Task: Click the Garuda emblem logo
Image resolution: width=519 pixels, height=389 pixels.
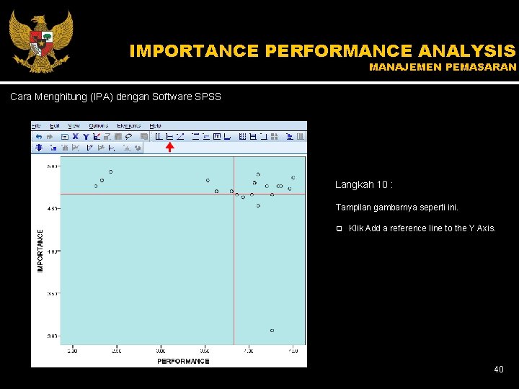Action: click(40, 40)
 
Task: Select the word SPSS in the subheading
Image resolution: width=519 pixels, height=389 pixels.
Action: click(209, 97)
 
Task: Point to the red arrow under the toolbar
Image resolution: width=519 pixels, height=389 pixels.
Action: click(169, 148)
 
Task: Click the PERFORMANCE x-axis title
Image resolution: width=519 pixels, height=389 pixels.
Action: click(183, 361)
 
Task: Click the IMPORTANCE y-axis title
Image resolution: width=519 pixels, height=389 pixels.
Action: click(40, 251)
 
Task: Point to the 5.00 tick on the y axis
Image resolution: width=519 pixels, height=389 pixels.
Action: click(52, 166)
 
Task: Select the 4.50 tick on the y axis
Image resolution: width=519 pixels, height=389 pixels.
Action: click(52, 208)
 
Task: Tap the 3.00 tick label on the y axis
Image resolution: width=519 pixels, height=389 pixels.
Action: click(52, 336)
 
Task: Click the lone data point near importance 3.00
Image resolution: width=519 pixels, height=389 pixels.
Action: click(272, 331)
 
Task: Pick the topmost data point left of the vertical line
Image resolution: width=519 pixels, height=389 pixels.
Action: click(110, 172)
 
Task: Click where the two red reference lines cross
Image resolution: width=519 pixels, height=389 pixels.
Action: click(234, 194)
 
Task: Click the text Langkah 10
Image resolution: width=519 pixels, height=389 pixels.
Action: click(364, 185)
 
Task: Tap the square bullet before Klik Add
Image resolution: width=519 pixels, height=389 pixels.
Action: click(338, 229)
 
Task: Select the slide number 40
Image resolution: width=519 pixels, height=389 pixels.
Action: click(498, 370)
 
